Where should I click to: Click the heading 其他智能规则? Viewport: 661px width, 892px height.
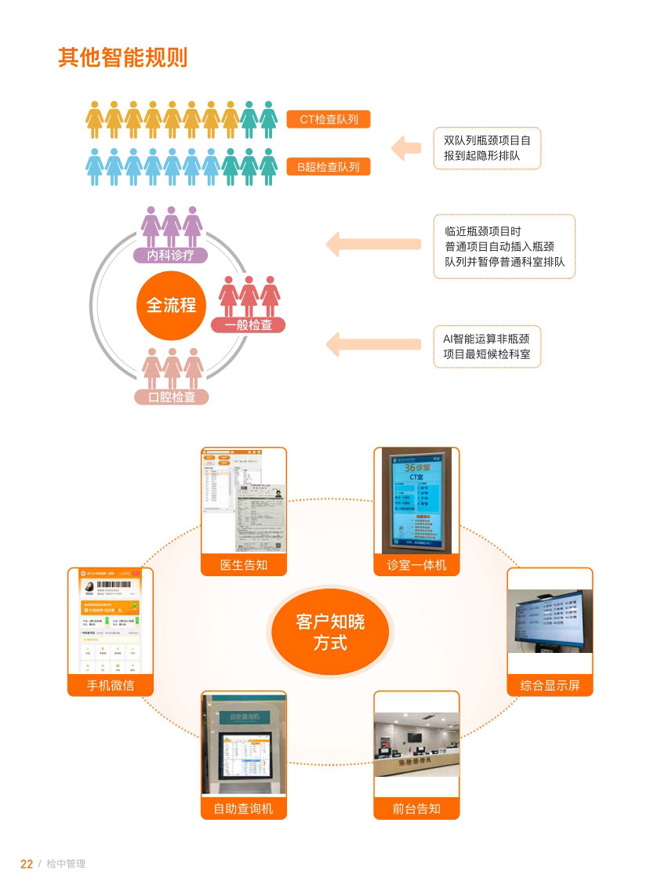(122, 57)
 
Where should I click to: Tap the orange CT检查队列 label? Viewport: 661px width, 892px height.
(329, 119)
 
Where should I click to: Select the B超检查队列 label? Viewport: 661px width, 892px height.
(329, 166)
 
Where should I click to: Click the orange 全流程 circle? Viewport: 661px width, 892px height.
(171, 305)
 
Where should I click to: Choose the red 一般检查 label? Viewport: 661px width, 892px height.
(249, 325)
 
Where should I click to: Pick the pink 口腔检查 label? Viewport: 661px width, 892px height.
(173, 397)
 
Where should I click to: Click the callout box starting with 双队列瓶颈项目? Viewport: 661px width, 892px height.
(487, 148)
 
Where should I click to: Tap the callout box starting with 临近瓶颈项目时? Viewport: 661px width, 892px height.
(504, 246)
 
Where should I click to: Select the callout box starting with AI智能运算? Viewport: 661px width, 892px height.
(487, 346)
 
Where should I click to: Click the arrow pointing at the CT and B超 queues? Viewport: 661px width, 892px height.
(406, 147)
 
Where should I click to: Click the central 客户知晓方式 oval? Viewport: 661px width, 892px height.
(330, 633)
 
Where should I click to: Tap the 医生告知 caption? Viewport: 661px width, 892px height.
(244, 564)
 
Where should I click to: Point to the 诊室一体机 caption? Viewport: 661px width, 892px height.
(416, 564)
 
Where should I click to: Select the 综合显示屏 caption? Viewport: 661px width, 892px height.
(550, 685)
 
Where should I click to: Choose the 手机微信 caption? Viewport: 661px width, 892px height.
(111, 685)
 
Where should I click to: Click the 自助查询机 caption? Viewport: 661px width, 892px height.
(244, 808)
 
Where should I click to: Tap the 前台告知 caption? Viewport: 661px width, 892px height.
(416, 808)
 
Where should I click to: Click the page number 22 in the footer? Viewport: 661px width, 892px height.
(27, 864)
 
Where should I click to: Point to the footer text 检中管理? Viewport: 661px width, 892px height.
(66, 864)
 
